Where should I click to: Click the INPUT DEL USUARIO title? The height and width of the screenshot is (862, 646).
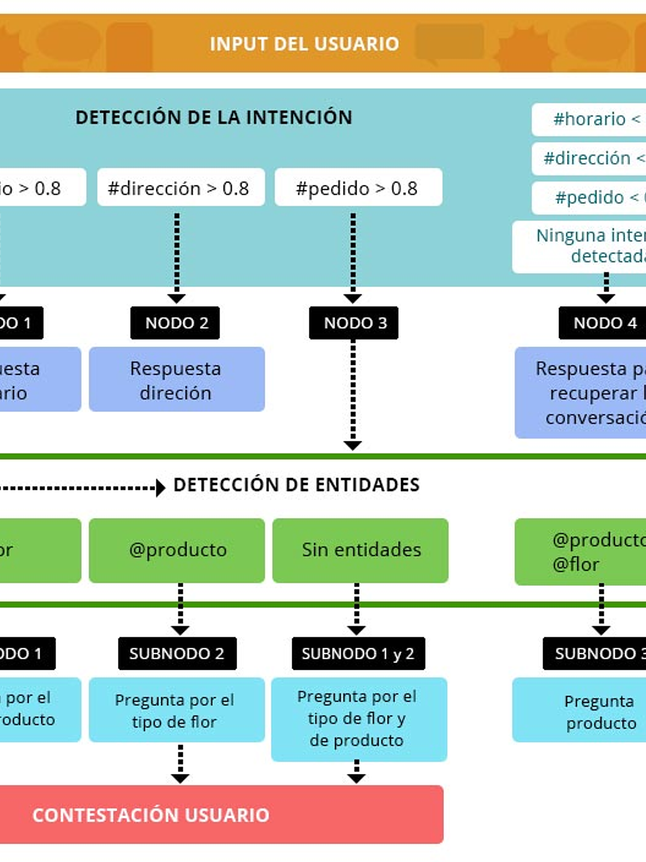[x=304, y=44]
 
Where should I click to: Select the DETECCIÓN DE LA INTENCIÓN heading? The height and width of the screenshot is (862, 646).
[x=214, y=117]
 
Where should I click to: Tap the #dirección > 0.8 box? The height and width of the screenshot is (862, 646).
[x=181, y=188]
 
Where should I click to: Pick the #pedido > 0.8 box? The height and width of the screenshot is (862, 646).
[x=358, y=188]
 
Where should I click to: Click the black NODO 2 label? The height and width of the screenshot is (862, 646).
[x=175, y=323]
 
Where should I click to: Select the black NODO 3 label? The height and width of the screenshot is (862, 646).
[x=354, y=323]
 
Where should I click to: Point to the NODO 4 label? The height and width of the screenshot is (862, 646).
[x=603, y=323]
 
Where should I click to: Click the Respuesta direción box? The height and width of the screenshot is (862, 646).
[x=177, y=380]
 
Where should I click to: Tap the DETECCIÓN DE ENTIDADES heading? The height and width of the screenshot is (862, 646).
[x=296, y=485]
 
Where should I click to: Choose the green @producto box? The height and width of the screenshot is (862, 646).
[x=177, y=550]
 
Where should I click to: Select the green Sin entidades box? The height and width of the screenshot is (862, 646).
[x=360, y=550]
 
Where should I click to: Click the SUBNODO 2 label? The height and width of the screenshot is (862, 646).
[x=177, y=653]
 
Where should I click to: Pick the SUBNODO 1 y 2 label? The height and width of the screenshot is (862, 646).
[x=358, y=653]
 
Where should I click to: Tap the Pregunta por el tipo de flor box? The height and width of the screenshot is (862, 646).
[x=177, y=710]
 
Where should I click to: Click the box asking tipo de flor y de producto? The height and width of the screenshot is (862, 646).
[x=359, y=719]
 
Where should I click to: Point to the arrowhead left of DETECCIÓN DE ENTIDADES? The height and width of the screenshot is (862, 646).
[x=160, y=488]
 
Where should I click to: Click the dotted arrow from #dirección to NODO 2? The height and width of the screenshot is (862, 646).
[x=177, y=255]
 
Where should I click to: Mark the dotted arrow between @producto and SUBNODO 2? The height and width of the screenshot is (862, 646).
[x=180, y=608]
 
